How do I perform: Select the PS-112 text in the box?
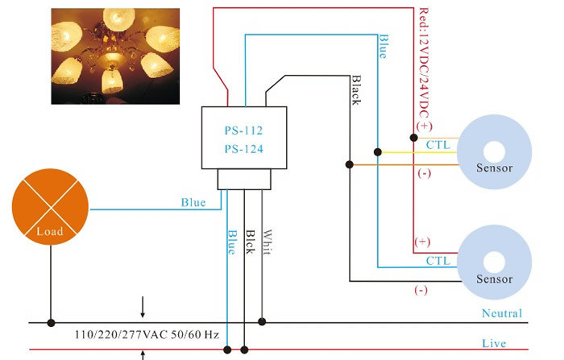point(244,130)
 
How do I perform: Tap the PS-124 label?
point(244,148)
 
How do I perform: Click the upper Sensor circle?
point(494,150)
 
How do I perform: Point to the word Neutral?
point(501,313)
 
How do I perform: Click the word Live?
point(494,343)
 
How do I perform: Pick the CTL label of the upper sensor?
point(438,144)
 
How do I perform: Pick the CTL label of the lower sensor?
point(438,261)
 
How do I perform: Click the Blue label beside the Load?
point(193,203)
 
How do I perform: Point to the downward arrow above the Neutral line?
point(143,307)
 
